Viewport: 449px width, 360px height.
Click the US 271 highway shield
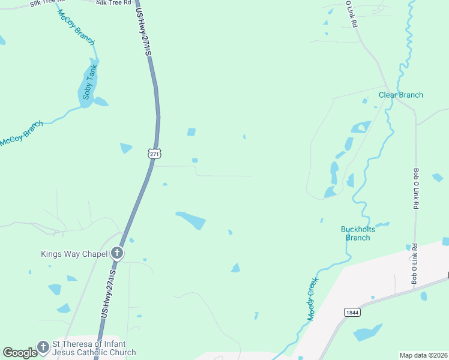pos(155,154)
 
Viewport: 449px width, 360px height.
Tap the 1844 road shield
pos(352,312)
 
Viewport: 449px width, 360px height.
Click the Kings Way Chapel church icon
pos(117,254)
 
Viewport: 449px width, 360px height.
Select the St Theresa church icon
pos(43,347)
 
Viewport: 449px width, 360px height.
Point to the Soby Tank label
pos(89,85)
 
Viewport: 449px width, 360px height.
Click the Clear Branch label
pos(400,95)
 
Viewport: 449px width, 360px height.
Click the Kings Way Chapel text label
pos(74,254)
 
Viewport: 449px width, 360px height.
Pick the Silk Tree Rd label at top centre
pos(113,3)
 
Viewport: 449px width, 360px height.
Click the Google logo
pos(20,353)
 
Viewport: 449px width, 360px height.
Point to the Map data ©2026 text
pos(423,355)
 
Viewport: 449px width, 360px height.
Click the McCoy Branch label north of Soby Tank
pos(77,27)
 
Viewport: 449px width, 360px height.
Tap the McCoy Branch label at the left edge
pos(22,134)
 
